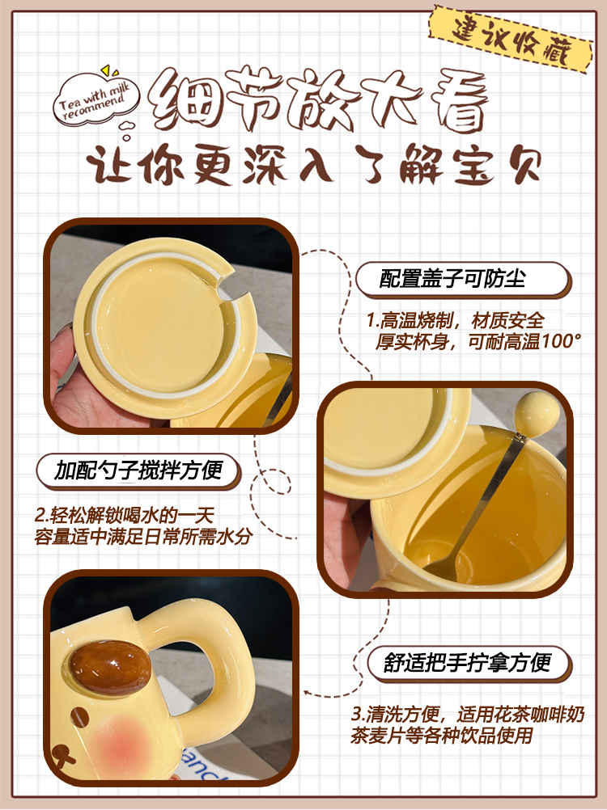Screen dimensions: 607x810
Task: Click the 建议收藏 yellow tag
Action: (511, 40)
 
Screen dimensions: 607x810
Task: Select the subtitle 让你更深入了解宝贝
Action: (314, 164)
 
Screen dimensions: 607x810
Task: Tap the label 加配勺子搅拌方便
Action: (138, 471)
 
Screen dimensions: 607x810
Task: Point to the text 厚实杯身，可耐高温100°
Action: (478, 341)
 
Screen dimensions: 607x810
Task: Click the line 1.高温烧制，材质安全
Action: (455, 321)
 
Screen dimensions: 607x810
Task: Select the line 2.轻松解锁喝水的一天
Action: (124, 515)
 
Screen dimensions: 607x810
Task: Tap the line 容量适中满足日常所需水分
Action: (143, 536)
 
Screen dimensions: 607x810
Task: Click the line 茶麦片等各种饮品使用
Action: (442, 735)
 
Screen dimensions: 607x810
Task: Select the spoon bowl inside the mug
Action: (439, 567)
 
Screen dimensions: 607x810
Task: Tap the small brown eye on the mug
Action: (79, 718)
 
